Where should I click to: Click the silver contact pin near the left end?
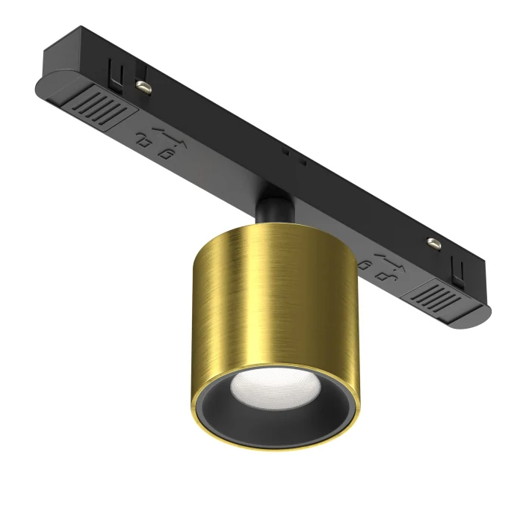coord(142,87)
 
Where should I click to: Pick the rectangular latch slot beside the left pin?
coord(115,70)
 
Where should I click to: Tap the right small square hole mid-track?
coord(303,161)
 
